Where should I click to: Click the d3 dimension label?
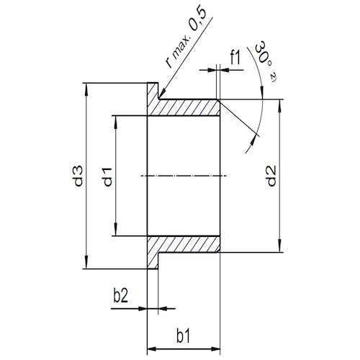pos(78,176)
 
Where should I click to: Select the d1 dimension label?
pos(107,177)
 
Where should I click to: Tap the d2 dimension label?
pos(271,176)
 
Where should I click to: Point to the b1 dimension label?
pos(184,336)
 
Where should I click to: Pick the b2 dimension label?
pos(120,296)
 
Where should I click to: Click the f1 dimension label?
pos(235,58)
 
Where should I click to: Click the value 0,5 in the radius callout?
pos(197,20)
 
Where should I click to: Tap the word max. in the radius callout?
pos(181,46)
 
